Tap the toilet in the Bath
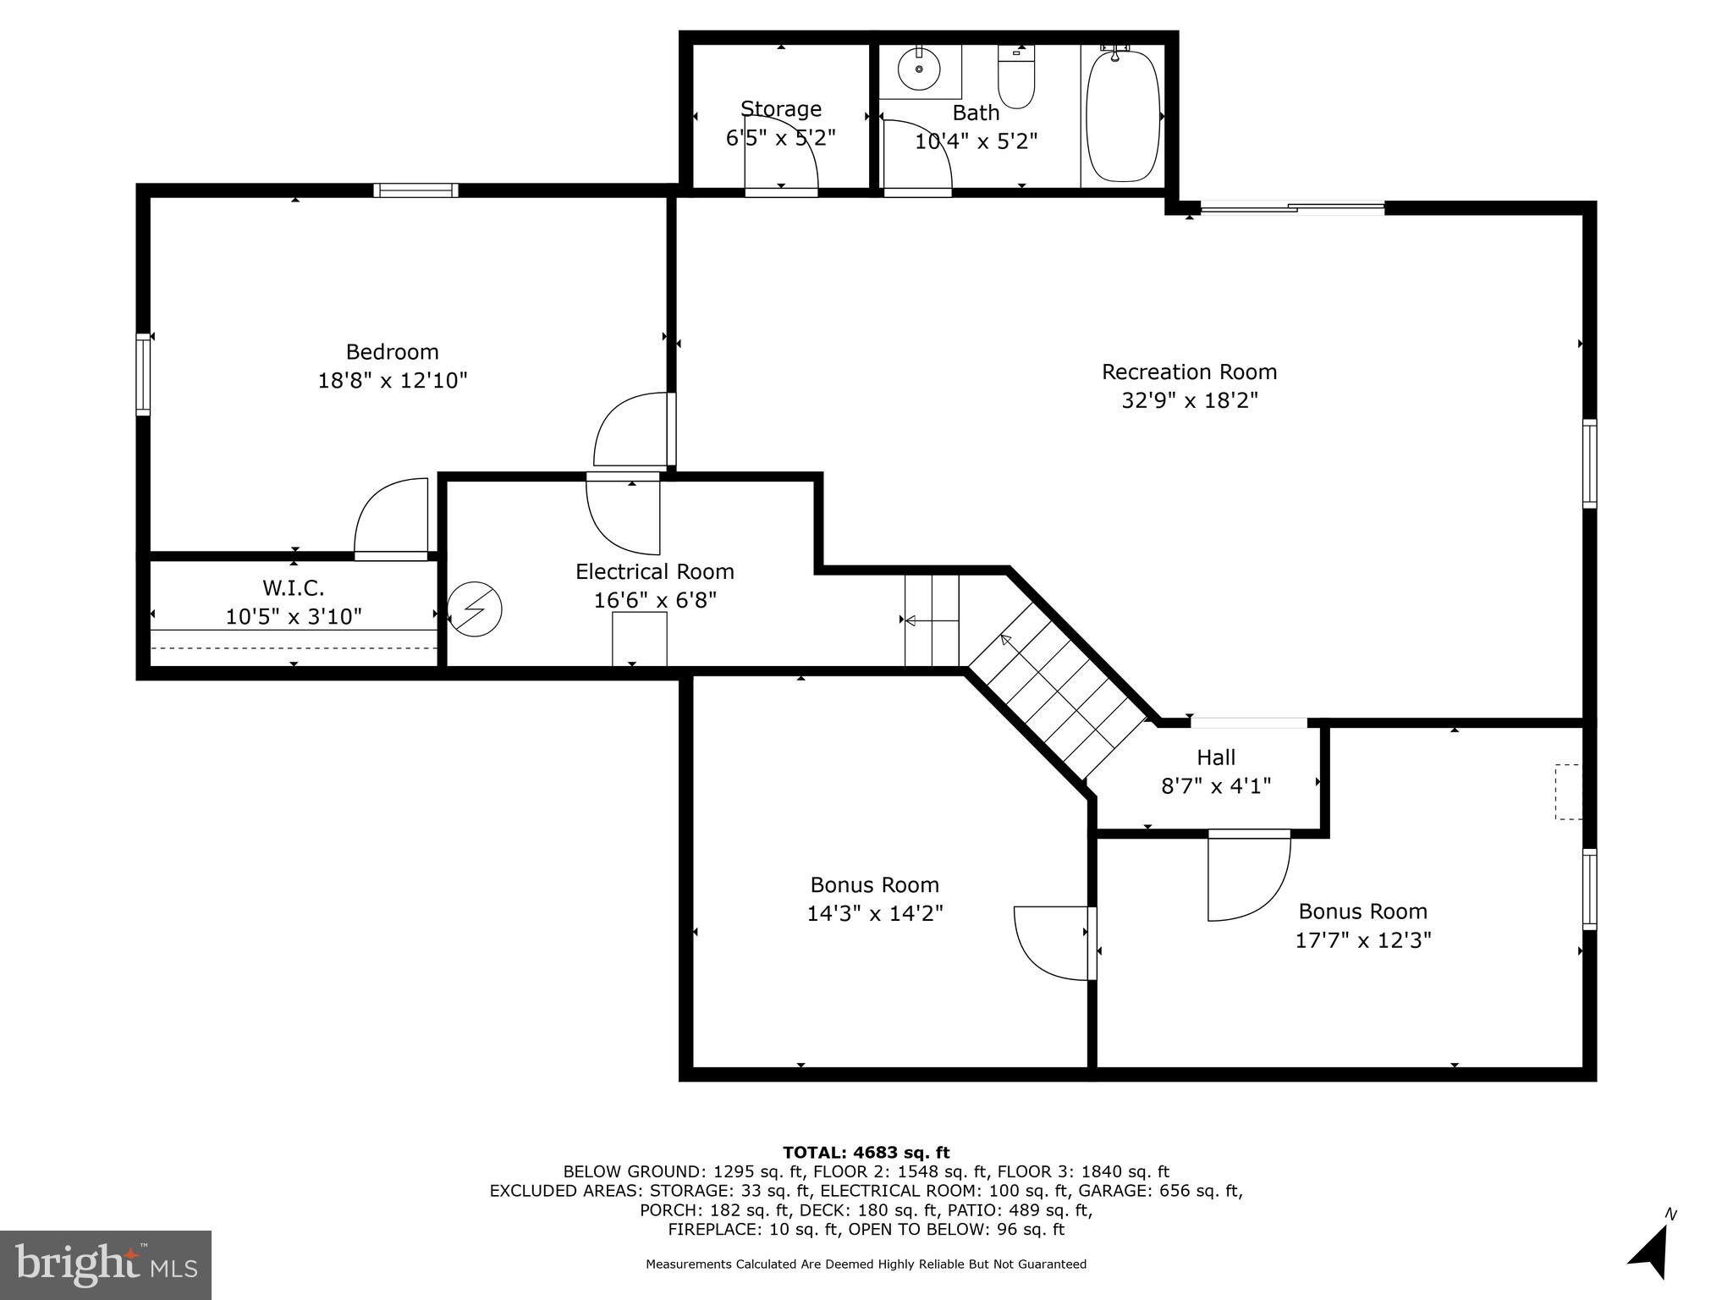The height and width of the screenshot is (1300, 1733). click(1016, 80)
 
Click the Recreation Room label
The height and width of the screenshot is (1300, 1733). click(1189, 372)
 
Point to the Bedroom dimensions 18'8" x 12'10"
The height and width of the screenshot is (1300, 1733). click(392, 380)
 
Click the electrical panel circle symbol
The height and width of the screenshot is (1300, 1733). click(475, 609)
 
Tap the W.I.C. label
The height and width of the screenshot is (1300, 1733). click(293, 587)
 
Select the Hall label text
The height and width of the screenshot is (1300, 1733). click(1216, 757)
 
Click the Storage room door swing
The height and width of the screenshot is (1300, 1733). click(781, 152)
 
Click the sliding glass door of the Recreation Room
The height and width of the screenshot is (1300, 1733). click(1292, 207)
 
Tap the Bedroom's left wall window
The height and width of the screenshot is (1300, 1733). click(144, 374)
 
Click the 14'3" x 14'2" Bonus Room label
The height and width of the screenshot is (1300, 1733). click(874, 899)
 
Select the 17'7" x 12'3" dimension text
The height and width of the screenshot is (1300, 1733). click(1362, 940)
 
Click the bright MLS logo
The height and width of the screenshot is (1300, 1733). click(106, 1264)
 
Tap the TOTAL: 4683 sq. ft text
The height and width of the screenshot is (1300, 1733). click(866, 1152)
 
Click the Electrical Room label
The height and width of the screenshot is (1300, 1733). click(654, 571)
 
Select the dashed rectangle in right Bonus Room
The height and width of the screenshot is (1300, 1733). click(1568, 791)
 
